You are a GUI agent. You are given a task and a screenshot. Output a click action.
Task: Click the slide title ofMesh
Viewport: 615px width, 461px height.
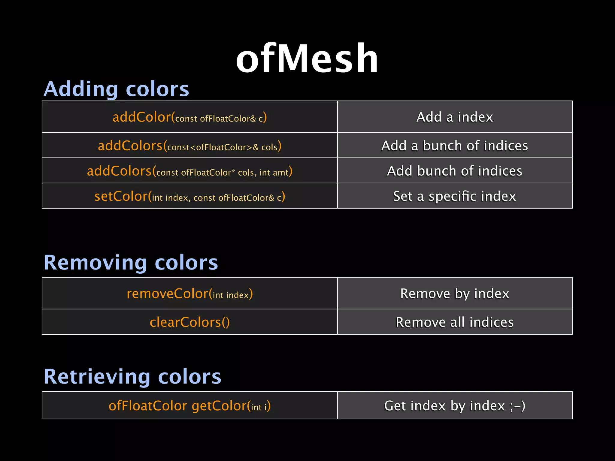point(307,59)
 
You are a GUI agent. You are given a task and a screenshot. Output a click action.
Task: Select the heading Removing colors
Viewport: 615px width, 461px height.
point(131,262)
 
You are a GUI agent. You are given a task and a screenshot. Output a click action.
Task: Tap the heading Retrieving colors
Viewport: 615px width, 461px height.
point(132,376)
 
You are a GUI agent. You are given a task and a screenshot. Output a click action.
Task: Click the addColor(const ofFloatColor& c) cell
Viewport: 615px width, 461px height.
point(189,117)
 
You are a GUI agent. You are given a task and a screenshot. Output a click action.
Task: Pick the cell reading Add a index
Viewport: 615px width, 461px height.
point(455,117)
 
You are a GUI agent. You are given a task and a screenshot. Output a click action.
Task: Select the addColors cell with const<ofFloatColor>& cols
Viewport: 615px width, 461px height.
point(189,146)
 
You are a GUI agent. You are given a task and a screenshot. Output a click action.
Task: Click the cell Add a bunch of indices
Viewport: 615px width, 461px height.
point(455,146)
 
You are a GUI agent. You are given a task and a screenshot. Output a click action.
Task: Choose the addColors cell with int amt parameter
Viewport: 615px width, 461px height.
point(189,171)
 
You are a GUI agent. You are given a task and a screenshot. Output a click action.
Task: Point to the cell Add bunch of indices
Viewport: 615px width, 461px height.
point(455,171)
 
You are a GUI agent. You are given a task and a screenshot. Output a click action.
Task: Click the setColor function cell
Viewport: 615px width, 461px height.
point(189,196)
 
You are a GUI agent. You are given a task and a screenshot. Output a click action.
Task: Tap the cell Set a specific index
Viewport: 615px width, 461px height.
point(455,196)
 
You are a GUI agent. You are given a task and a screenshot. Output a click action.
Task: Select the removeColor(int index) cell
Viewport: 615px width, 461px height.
point(189,294)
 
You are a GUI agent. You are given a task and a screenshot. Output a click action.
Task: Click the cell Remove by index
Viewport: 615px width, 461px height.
point(455,294)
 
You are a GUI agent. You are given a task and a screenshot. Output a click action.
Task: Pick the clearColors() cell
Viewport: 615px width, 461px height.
point(189,322)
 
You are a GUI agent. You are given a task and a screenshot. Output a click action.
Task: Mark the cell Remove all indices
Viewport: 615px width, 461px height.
point(455,322)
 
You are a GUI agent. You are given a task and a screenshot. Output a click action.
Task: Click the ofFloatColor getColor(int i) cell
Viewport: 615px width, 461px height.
point(189,406)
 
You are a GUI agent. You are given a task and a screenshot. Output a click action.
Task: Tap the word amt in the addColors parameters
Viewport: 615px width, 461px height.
point(280,173)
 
